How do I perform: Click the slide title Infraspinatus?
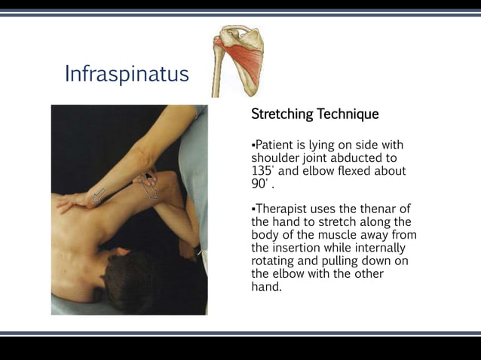pos(127,75)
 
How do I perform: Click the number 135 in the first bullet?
pos(261,171)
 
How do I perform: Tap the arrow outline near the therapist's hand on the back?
pos(98,196)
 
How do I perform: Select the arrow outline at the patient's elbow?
pos(148,185)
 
